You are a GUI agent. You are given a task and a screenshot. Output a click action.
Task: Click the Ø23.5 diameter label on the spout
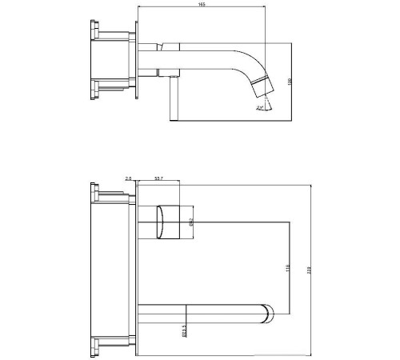click(x=184, y=330)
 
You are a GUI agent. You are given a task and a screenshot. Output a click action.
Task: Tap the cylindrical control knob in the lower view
click(x=170, y=221)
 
